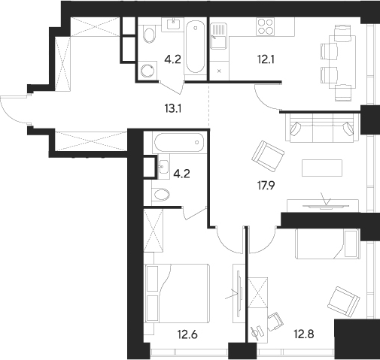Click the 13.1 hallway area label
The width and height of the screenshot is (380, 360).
[173, 109]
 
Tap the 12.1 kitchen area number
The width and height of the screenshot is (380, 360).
[266, 59]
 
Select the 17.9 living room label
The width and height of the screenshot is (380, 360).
[266, 186]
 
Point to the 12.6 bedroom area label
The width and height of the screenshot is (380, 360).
[187, 334]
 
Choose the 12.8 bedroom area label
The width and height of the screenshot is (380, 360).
[304, 334]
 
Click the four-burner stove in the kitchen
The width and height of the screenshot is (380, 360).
[266, 26]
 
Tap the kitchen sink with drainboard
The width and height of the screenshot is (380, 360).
[219, 36]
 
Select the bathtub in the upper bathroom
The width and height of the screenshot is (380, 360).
[195, 47]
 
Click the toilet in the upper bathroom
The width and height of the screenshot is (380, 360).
[148, 35]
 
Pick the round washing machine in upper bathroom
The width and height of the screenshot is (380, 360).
[147, 71]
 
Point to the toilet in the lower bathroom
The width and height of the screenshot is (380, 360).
[161, 195]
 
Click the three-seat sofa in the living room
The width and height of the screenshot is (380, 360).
[322, 128]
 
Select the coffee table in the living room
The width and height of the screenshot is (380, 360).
[322, 168]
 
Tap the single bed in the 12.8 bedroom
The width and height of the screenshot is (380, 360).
[328, 244]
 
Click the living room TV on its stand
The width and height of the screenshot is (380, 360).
[326, 206]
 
